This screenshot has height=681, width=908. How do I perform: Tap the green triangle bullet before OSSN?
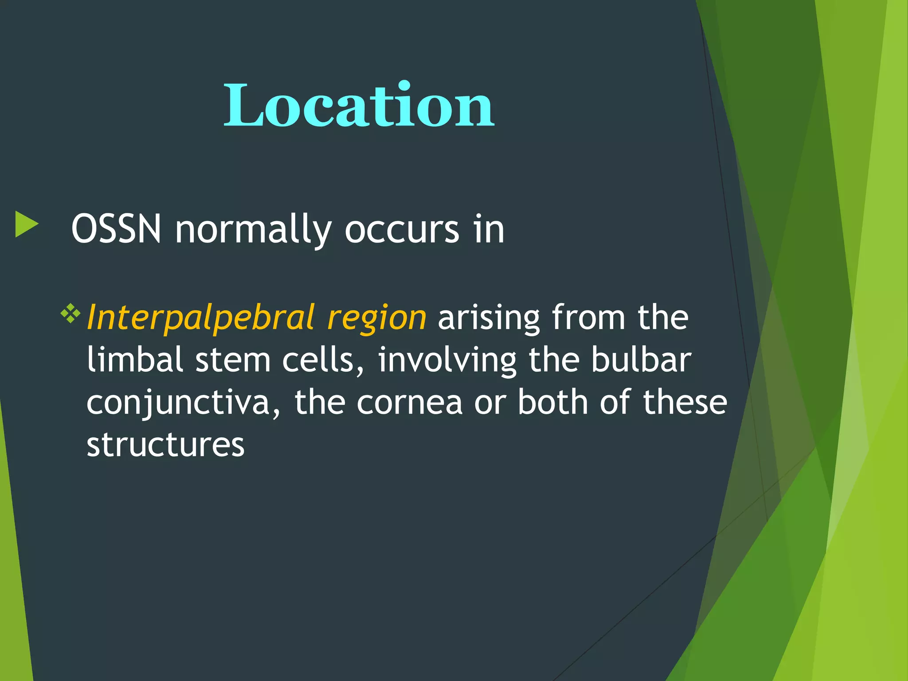(x=26, y=224)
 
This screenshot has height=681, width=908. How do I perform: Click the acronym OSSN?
(x=116, y=230)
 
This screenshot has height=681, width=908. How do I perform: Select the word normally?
(x=253, y=230)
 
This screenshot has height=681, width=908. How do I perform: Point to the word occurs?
(x=402, y=230)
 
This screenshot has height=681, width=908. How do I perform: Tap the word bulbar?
(x=641, y=360)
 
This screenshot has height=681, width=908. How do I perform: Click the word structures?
(x=165, y=445)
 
